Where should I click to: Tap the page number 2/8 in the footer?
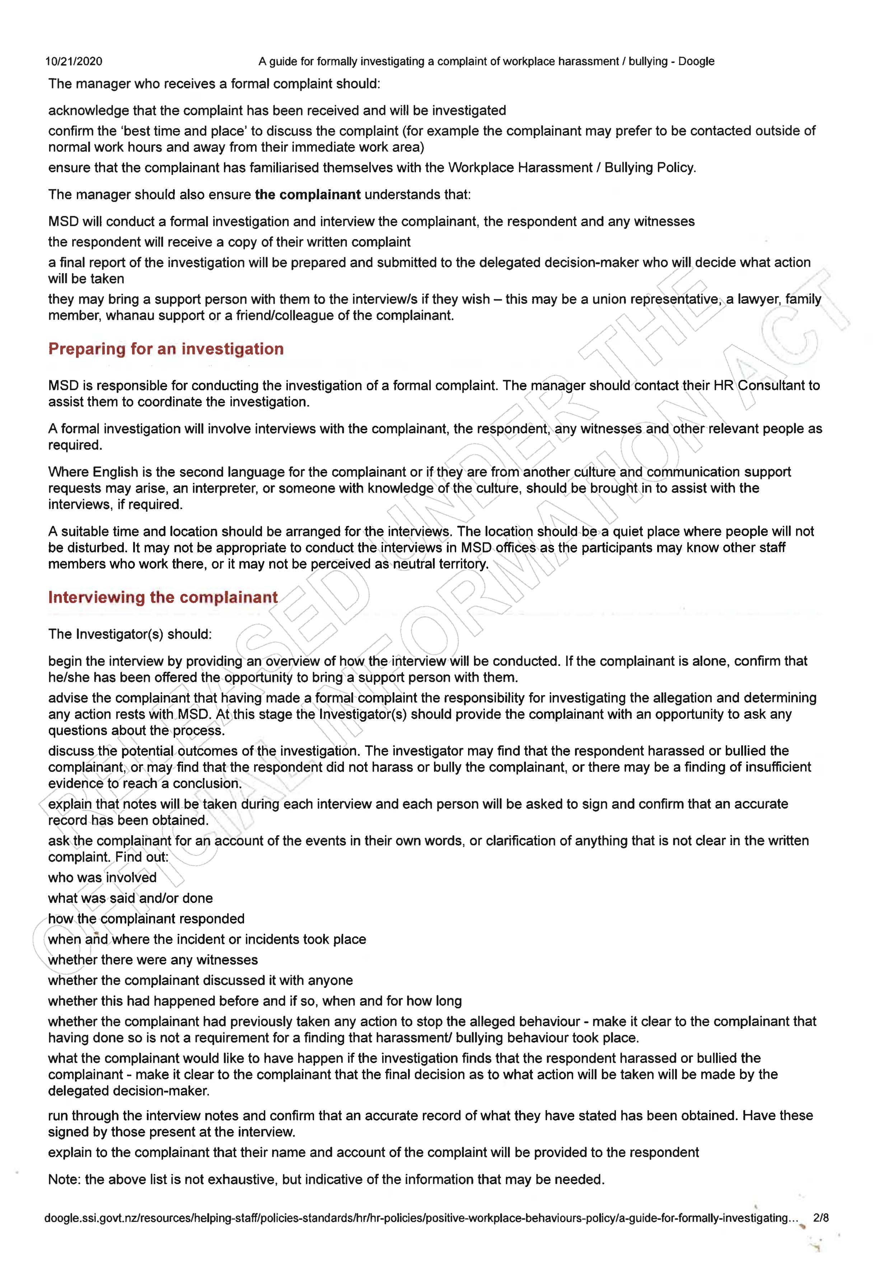click(x=820, y=1218)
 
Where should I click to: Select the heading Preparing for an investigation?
click(x=166, y=349)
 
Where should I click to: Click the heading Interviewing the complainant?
click(x=163, y=598)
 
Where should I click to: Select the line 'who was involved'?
click(x=102, y=877)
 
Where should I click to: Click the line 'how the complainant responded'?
click(x=146, y=919)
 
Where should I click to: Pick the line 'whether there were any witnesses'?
click(x=153, y=960)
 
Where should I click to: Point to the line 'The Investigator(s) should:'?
click(x=130, y=634)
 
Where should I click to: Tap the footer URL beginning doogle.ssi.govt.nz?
click(x=421, y=1218)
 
